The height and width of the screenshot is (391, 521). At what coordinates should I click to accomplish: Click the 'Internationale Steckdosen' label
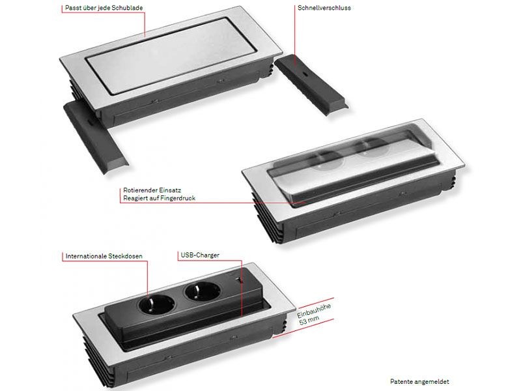click(104, 256)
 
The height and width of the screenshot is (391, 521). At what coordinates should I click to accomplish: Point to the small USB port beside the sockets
click(240, 281)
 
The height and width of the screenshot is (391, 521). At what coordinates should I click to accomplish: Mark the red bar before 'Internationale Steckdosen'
click(64, 256)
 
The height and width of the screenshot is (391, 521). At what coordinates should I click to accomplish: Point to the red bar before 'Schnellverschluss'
click(294, 8)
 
